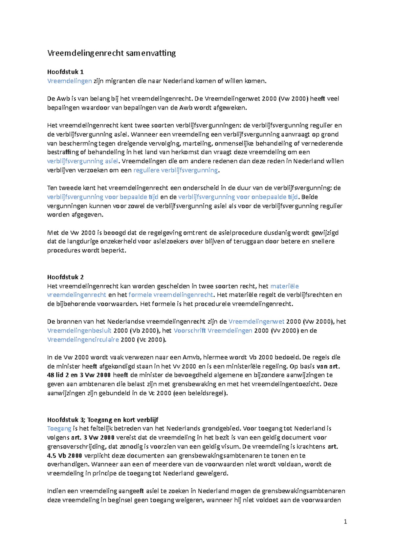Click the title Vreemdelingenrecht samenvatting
111,53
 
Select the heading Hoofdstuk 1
65,72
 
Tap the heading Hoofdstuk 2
65,277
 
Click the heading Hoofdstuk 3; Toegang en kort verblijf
102,420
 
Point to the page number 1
345,522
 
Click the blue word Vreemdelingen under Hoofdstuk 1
69,81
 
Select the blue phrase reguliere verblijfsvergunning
175,170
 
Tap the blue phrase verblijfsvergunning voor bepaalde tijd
102,197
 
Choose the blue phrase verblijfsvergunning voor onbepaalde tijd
238,197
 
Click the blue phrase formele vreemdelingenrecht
171,295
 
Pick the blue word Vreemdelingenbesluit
79,331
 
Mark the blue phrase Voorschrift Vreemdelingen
213,331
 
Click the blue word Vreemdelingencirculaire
83,339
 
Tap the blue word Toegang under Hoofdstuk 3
59,429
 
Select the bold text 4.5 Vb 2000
64,455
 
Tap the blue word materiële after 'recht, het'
284,286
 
